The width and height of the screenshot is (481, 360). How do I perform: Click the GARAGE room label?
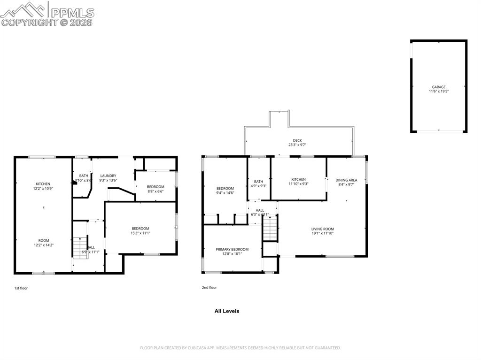[x=439, y=87]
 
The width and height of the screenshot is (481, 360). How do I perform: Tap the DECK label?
[x=297, y=140]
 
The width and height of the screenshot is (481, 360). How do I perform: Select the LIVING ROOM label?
[x=322, y=229]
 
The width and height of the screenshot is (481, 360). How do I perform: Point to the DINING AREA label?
[x=346, y=180]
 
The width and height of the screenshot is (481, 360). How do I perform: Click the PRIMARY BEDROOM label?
[x=232, y=249]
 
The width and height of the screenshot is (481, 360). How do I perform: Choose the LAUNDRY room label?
[x=108, y=176]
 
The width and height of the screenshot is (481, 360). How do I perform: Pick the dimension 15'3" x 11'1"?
[x=140, y=233]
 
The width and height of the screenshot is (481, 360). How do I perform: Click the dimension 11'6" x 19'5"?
[x=439, y=92]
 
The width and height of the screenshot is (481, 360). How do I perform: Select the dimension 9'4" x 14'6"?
[x=225, y=192]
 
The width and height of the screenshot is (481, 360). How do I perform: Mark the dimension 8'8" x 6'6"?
[x=155, y=191]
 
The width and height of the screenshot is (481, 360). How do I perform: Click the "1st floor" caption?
[x=21, y=288]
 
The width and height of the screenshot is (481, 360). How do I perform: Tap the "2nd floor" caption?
[x=209, y=287]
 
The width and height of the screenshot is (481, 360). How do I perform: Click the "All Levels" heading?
[x=227, y=311]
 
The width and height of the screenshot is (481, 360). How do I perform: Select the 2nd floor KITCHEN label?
[x=298, y=179]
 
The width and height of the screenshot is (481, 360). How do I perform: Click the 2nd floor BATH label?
[x=258, y=181]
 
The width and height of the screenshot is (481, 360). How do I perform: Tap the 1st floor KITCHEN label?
[x=43, y=184]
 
